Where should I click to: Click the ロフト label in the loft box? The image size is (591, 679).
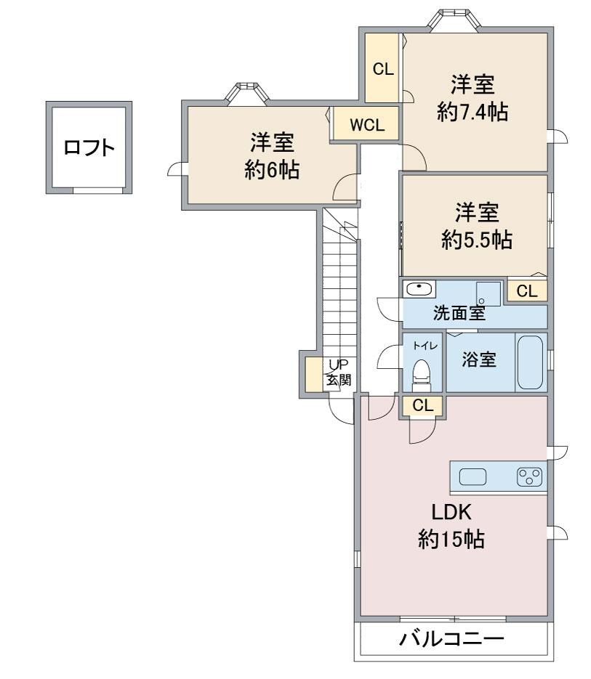[89, 148]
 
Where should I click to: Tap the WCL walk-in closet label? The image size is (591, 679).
[367, 124]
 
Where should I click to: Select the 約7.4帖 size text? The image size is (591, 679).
[473, 112]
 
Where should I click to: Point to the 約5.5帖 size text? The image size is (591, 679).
[476, 240]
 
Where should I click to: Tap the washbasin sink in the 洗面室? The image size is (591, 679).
[419, 289]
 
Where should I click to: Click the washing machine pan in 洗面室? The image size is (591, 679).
[489, 293]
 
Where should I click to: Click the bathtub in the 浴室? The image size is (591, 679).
[531, 362]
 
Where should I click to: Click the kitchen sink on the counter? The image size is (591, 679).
[473, 477]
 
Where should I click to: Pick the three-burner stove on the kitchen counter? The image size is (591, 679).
[529, 477]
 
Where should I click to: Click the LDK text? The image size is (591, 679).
[452, 513]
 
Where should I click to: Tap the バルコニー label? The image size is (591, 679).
[451, 641]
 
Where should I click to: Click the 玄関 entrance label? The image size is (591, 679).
[338, 379]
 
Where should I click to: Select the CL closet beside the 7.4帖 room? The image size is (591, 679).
[382, 69]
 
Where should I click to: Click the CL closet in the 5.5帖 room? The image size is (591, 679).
[526, 291]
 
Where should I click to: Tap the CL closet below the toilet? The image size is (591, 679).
[422, 406]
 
